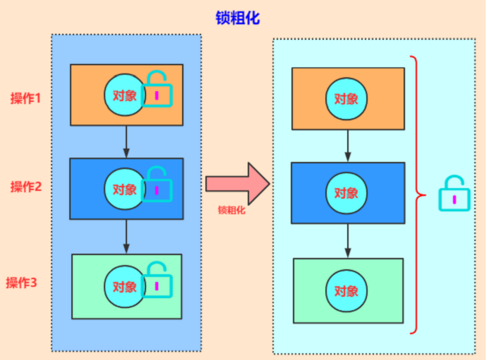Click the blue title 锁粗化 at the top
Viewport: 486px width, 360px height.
click(x=238, y=18)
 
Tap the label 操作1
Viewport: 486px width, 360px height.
click(x=26, y=98)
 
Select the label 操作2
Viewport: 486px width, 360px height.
click(x=26, y=187)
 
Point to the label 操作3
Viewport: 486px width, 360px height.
click(x=21, y=283)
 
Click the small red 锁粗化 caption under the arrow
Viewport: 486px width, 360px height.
click(x=231, y=210)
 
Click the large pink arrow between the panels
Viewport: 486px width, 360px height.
click(x=238, y=183)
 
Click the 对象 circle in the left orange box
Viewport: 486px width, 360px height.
click(x=125, y=95)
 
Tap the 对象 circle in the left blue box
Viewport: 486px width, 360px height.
click(x=125, y=189)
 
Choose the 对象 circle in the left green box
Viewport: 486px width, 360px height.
click(x=125, y=287)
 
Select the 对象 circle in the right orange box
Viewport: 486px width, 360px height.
click(x=346, y=99)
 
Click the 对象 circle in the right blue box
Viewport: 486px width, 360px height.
click(x=346, y=193)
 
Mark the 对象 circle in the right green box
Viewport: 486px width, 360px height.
click(x=346, y=291)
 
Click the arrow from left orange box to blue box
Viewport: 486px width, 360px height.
click(x=126, y=142)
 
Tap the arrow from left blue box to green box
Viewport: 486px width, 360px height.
click(x=126, y=237)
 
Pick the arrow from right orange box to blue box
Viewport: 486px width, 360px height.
click(x=348, y=146)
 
